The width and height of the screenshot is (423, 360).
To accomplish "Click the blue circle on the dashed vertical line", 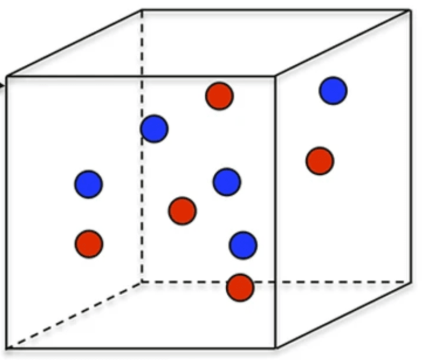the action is (x=154, y=128).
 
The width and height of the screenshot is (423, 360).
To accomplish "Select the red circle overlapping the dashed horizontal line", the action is (x=240, y=287).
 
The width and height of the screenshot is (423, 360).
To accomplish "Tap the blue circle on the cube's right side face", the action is (x=333, y=91).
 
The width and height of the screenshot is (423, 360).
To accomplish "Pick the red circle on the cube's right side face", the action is (x=319, y=161).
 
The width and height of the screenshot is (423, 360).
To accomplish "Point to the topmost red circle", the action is (x=219, y=96).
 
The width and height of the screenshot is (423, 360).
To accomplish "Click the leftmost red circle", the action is (x=88, y=244).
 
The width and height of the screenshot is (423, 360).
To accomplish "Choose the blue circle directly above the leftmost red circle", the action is (x=88, y=184).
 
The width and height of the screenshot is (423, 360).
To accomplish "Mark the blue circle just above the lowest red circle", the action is (x=243, y=245).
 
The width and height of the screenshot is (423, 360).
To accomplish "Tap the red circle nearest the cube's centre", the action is (x=182, y=211).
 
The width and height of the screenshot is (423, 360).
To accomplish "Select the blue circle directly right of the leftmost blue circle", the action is (x=227, y=182).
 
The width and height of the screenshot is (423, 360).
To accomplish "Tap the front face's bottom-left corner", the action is (x=6, y=348).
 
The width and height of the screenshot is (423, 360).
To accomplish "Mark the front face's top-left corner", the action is (x=6, y=76).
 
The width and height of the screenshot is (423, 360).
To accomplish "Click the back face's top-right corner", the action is (x=410, y=9).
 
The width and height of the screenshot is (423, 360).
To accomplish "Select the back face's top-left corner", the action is (x=142, y=9).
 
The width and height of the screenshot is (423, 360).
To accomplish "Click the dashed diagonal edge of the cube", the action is (x=74, y=315).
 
